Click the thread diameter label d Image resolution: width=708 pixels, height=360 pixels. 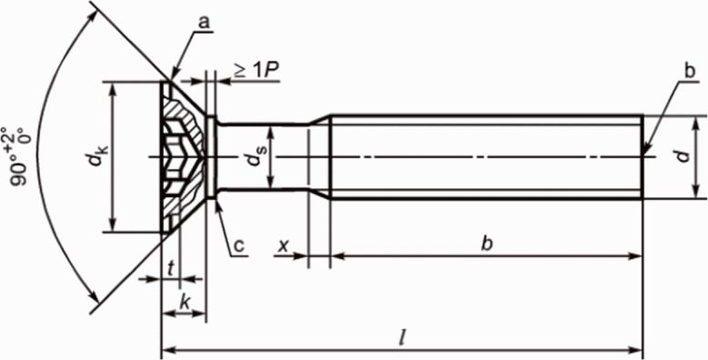tap(684, 156)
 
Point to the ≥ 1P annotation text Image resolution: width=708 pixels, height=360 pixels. tap(255, 72)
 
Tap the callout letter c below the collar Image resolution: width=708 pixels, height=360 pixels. tap(239, 245)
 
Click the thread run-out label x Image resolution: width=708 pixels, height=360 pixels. tap(284, 245)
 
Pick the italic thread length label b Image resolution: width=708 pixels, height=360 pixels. tap(487, 244)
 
